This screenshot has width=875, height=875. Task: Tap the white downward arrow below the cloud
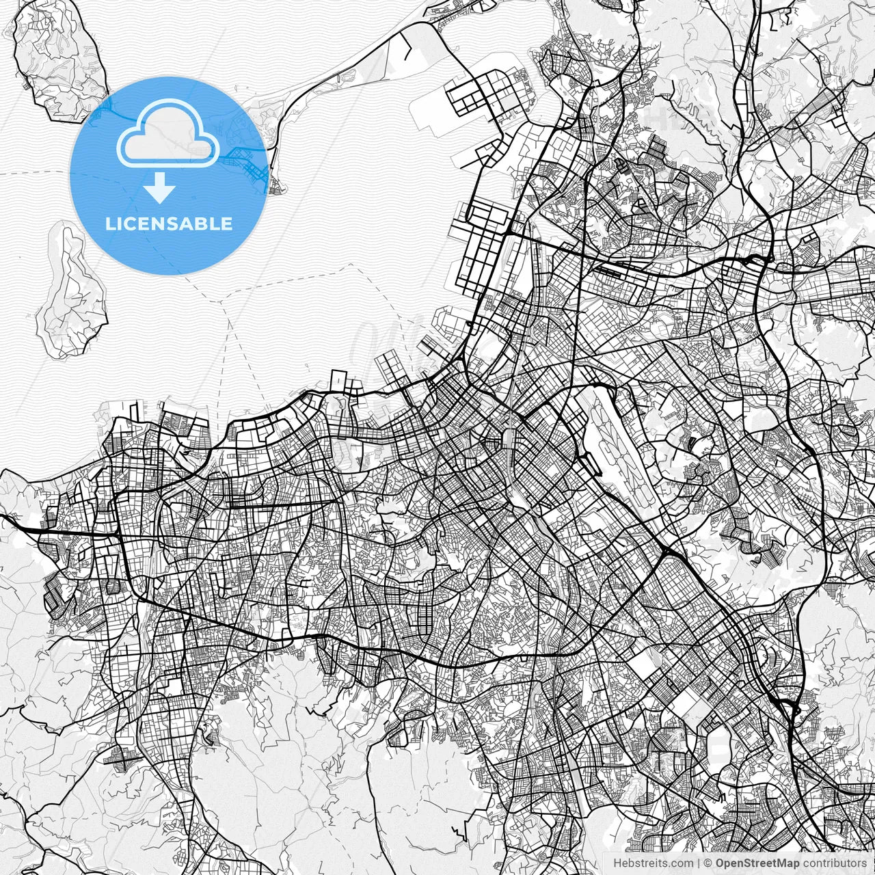point(160,189)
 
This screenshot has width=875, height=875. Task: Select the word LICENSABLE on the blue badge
point(168,224)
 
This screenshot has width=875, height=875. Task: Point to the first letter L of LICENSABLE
point(109,224)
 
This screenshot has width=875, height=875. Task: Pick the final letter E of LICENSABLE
point(227,224)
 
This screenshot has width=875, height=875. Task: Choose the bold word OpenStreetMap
point(757,863)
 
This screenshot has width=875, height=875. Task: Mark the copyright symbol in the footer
point(708,863)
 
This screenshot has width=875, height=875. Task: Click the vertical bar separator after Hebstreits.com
point(699,863)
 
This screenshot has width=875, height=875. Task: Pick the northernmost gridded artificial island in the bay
point(489,96)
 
